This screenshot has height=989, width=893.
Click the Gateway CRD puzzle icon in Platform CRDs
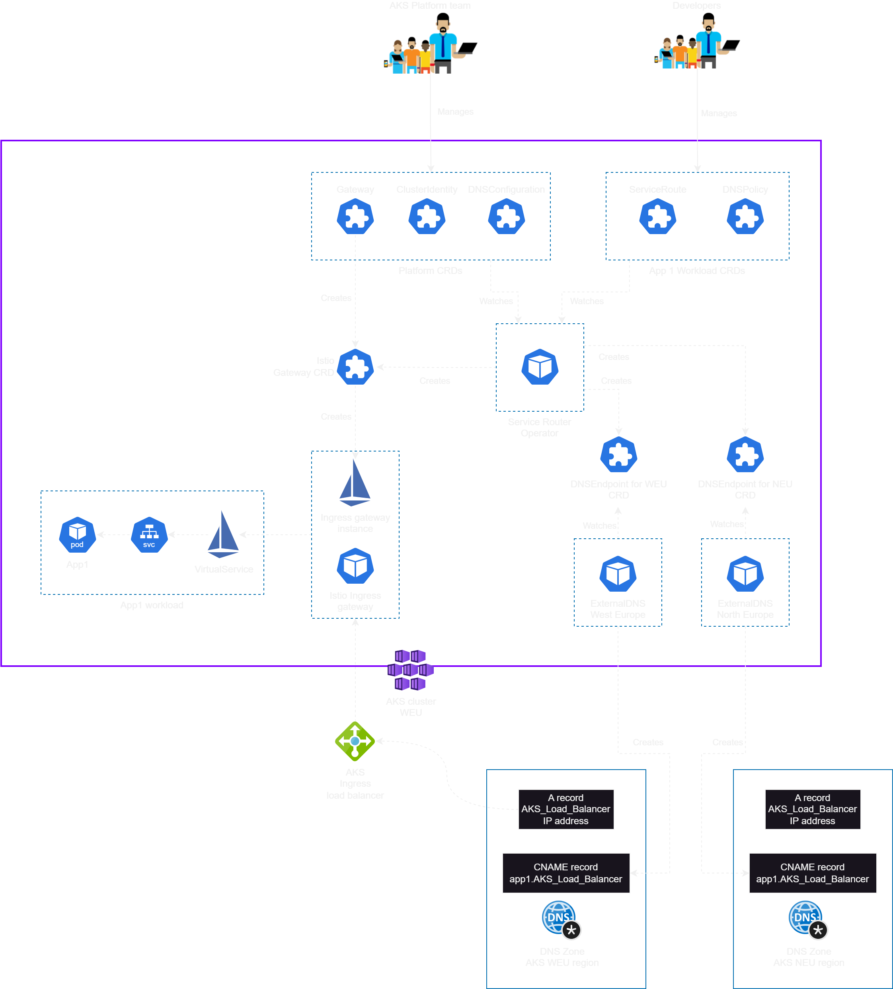tap(355, 217)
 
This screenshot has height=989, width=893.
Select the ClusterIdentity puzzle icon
tap(427, 217)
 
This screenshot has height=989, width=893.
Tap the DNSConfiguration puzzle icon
tap(506, 217)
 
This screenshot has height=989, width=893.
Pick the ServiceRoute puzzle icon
tap(658, 217)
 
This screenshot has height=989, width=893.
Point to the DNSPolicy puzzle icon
tap(745, 217)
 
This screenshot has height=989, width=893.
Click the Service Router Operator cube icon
tap(540, 367)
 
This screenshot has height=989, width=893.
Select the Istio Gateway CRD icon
tap(355, 367)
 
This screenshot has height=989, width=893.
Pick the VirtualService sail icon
tap(223, 535)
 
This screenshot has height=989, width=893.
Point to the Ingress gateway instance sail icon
tap(355, 483)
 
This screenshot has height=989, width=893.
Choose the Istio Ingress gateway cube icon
tap(355, 566)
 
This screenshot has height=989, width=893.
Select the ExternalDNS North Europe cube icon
tap(745, 574)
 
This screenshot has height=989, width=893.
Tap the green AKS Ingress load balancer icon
tap(355, 741)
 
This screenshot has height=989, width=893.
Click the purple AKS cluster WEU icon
tap(410, 670)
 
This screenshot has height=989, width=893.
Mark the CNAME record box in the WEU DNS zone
tap(566, 873)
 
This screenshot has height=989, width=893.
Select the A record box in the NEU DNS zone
tap(813, 809)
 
